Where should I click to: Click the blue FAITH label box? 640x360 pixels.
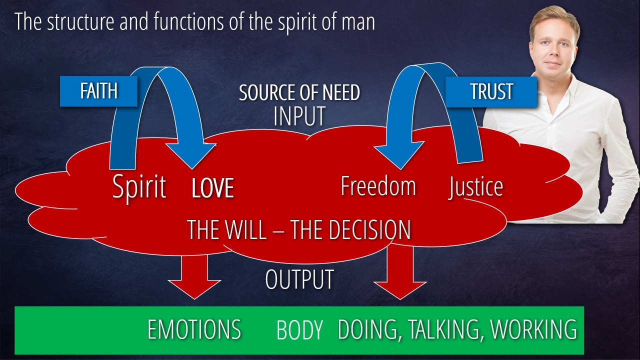pyautogui.click(x=98, y=91)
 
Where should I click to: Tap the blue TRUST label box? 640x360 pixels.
pyautogui.click(x=491, y=91)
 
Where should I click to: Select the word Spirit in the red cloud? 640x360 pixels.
pyautogui.click(x=139, y=187)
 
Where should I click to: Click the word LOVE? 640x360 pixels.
pyautogui.click(x=213, y=188)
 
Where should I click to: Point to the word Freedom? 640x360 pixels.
pyautogui.click(x=378, y=186)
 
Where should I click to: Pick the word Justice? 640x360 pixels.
pyautogui.click(x=475, y=187)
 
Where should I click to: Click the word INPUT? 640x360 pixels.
pyautogui.click(x=299, y=115)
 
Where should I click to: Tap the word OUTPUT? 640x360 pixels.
pyautogui.click(x=299, y=279)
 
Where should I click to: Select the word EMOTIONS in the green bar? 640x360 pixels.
pyautogui.click(x=194, y=329)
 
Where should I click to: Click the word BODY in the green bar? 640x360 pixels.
pyautogui.click(x=299, y=330)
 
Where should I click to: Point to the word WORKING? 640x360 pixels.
pyautogui.click(x=533, y=329)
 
